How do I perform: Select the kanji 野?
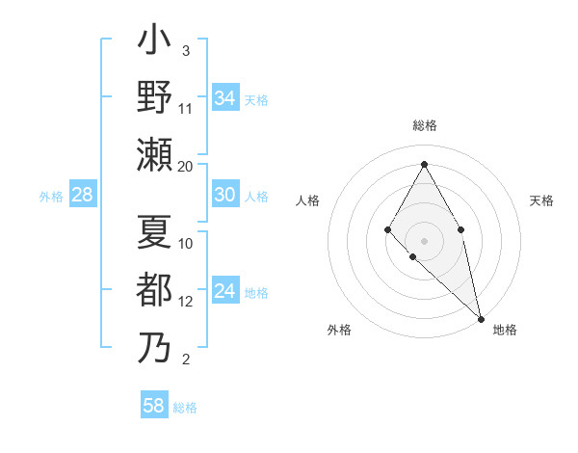tap(154, 97)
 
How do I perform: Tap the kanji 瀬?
tap(154, 154)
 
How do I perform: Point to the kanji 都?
tap(154, 290)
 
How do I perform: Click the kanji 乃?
tap(154, 347)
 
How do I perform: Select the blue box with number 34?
tap(224, 98)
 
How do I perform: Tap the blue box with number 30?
tap(224, 195)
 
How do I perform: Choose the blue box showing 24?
tap(224, 291)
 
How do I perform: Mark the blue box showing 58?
tap(154, 406)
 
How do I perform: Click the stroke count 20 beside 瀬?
tap(186, 166)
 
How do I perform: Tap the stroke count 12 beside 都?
tap(186, 301)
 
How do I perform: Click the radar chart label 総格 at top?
tap(424, 126)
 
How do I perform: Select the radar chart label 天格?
tap(541, 201)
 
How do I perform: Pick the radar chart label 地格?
tap(505, 330)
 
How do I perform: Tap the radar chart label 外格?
tap(339, 330)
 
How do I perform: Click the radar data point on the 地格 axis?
tap(480, 317)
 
